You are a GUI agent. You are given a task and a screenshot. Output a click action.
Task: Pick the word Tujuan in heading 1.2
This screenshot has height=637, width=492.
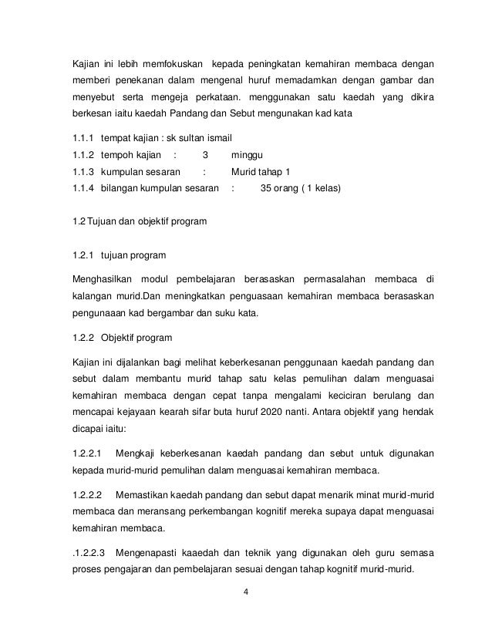103,222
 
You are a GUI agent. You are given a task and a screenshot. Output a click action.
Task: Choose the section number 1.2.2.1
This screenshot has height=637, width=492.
86,450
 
